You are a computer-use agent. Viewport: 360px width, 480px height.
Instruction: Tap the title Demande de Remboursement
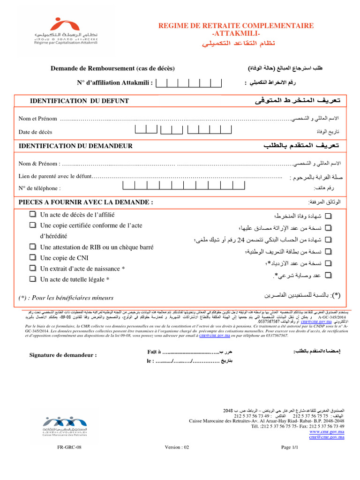coord(112,68)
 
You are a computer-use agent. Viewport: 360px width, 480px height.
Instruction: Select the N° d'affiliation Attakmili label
coord(115,83)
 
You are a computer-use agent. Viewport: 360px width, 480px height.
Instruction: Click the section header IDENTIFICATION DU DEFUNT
coord(79,101)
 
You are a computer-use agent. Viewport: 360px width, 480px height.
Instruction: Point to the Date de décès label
coord(36,132)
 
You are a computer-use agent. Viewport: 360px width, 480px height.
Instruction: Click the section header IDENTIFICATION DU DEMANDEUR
coord(75,146)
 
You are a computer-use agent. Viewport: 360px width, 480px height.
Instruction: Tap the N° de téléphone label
coord(40,188)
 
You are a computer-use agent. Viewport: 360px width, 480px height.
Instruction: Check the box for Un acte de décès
coord(32,214)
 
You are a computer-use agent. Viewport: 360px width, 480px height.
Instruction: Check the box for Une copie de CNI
coord(32,257)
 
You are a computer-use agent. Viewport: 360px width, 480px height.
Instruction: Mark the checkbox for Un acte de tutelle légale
coord(32,279)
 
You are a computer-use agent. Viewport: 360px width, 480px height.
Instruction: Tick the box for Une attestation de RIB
coord(32,247)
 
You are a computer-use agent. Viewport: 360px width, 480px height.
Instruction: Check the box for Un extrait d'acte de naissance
coord(32,268)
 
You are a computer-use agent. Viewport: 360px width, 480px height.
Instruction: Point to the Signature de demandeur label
coord(63,355)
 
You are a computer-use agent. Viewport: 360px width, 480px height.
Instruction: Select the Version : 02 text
coord(177,447)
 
